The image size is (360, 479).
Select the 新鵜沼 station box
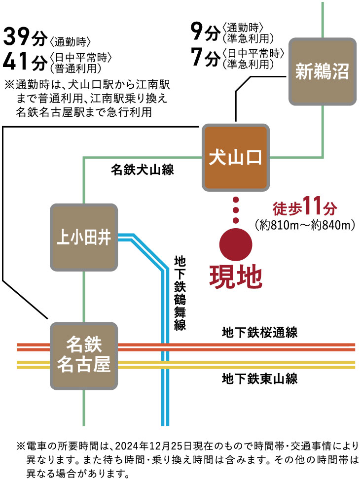coord(322,72)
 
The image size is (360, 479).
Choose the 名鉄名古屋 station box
coord(84,355)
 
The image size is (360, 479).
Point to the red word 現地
coord(235,276)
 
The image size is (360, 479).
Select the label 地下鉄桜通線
coord(259,333)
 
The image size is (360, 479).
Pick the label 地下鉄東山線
coord(259,379)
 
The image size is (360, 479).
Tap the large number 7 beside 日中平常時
coord(197,59)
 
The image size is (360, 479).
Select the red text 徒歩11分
coord(304,207)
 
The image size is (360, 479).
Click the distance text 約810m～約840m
coord(305,225)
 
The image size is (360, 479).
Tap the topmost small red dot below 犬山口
coord(236,200)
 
